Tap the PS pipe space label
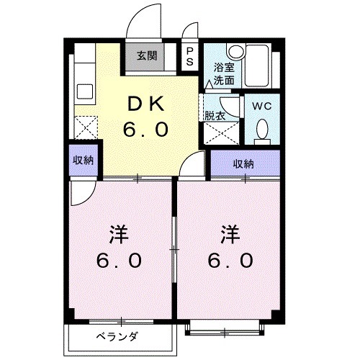[x=189, y=56]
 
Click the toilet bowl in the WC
[x=262, y=130]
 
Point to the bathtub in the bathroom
[x=256, y=66]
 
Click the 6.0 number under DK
[x=147, y=130]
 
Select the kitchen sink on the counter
[x=85, y=92]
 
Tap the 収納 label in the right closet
[x=243, y=163]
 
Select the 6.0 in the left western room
[x=120, y=261]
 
